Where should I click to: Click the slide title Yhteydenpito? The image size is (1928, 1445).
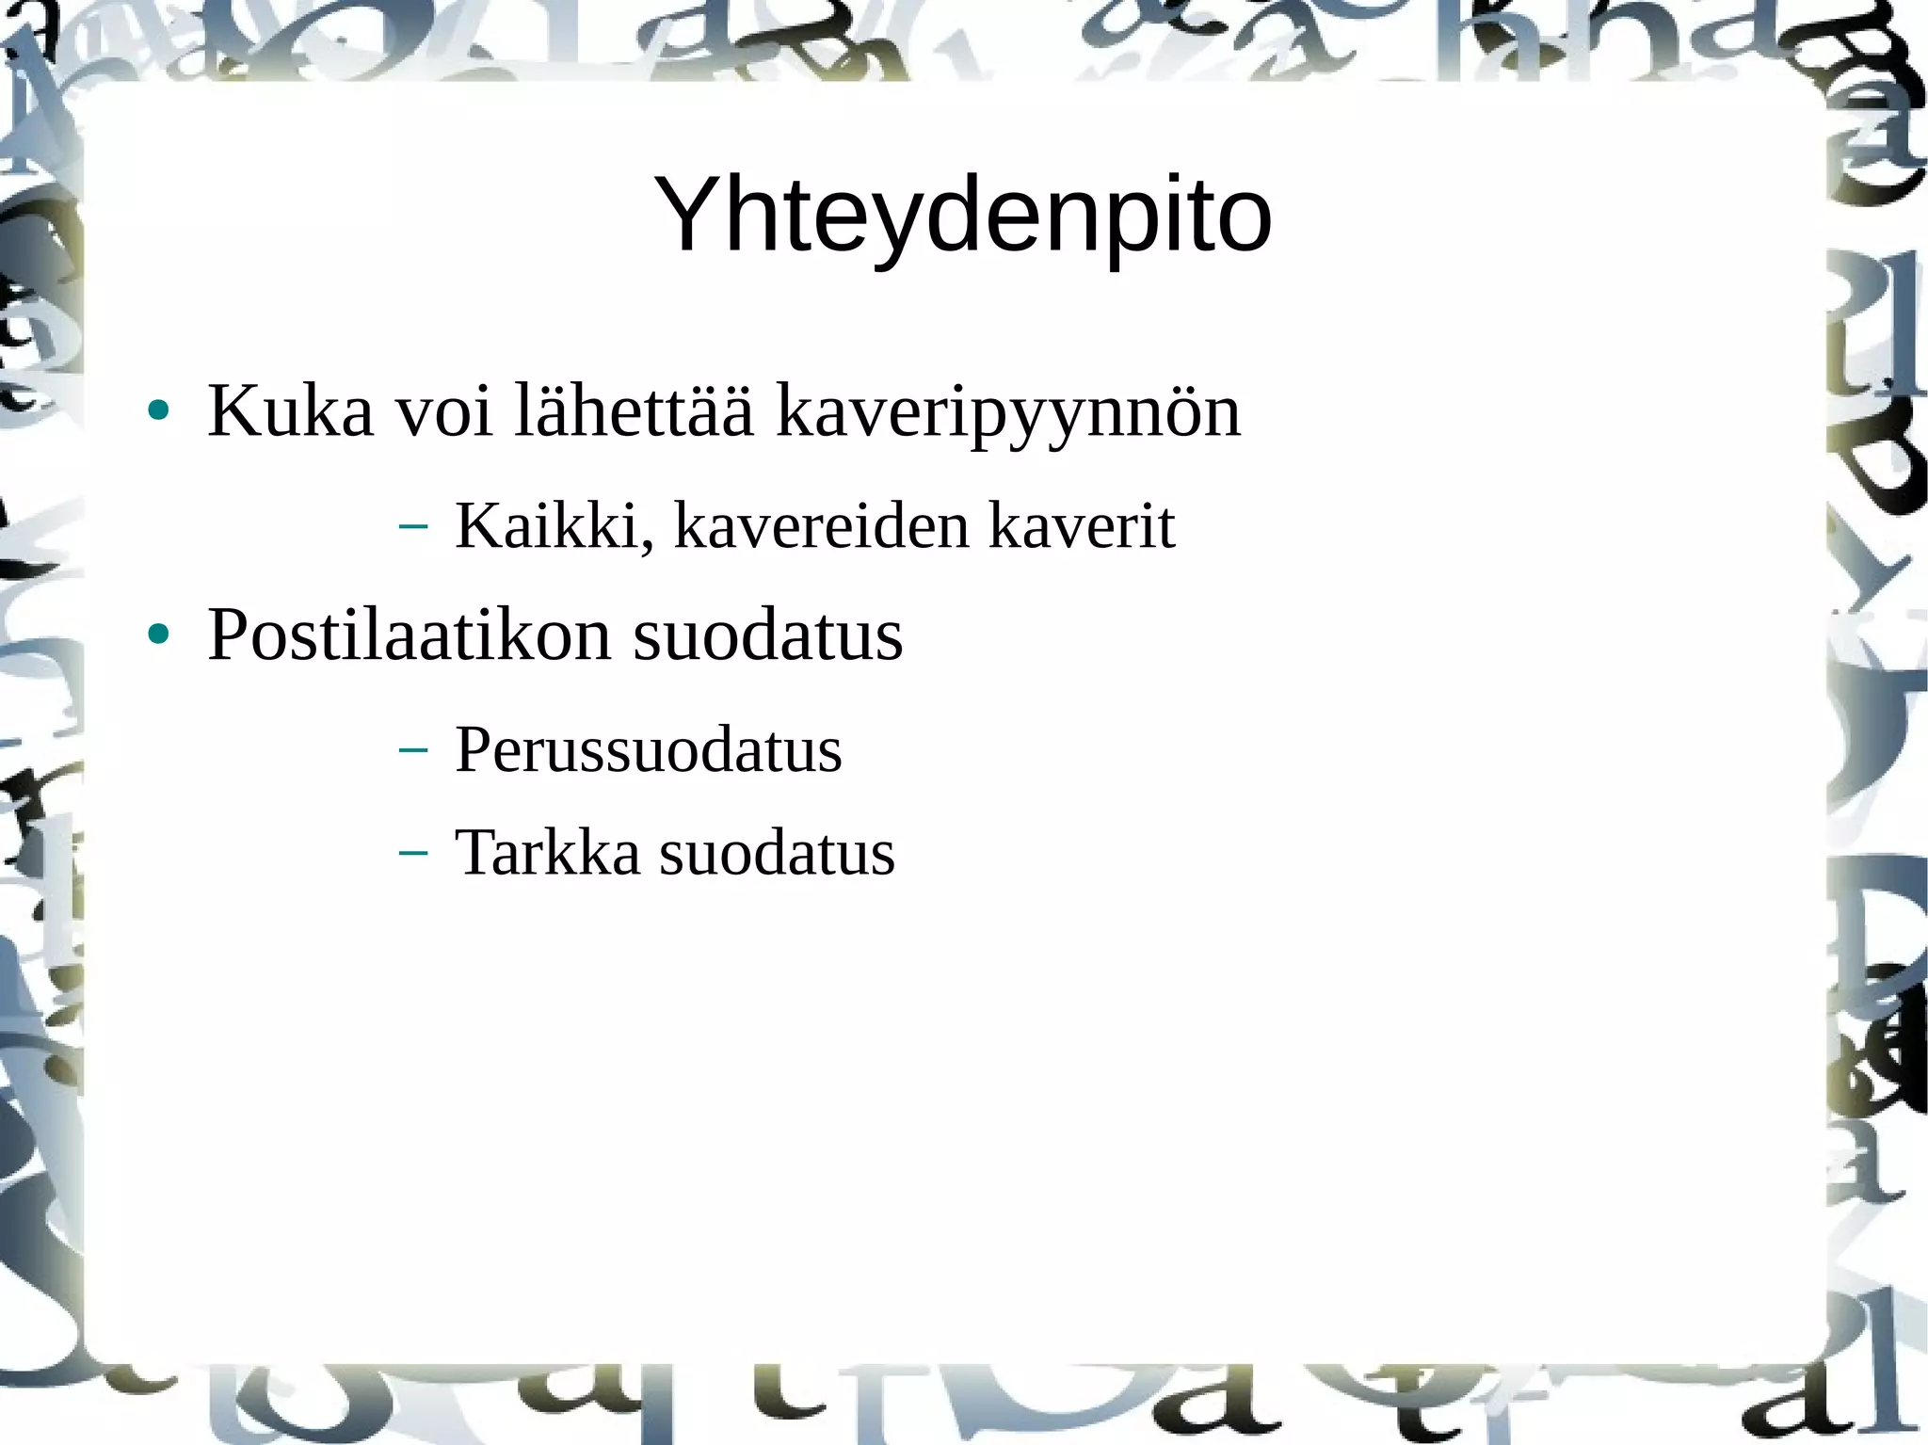[962, 217]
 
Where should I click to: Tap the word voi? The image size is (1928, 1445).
[444, 411]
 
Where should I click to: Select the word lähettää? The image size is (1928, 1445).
[635, 411]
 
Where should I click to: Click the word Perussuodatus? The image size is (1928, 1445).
[649, 751]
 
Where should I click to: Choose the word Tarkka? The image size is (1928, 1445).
[547, 853]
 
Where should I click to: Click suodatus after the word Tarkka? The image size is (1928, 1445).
[777, 853]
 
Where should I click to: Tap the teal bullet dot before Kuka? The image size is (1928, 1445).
[158, 410]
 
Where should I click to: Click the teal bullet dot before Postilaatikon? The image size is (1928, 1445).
[158, 635]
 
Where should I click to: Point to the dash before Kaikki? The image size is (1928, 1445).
[412, 526]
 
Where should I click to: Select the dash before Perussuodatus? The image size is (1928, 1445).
[412, 750]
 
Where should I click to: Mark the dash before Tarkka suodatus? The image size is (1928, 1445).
[412, 853]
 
